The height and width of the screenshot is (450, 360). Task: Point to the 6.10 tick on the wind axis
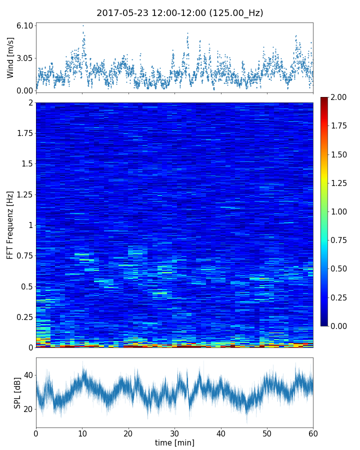point(25,25)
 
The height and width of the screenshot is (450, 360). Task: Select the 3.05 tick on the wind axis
point(25,58)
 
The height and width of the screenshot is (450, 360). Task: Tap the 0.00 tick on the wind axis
point(25,90)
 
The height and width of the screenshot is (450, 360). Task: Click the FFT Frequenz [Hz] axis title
point(10,225)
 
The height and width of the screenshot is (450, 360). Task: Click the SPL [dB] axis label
point(17,392)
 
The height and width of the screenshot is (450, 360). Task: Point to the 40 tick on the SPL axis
point(28,375)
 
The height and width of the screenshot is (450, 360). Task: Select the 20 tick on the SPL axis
point(28,409)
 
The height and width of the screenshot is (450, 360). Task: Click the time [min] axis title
point(174,442)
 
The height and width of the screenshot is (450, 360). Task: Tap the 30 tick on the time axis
point(174,433)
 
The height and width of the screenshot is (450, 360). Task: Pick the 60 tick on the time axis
point(313,433)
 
